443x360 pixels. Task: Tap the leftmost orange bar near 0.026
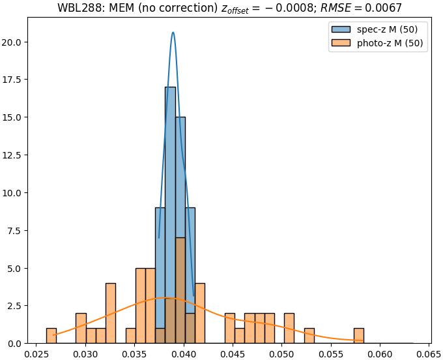click(51, 335)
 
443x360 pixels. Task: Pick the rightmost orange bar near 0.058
click(358, 335)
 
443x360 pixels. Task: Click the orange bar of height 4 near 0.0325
click(111, 313)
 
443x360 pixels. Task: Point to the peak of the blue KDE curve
click(173, 33)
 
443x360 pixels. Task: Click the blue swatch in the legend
click(340, 29)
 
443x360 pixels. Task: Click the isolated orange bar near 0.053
click(309, 335)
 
